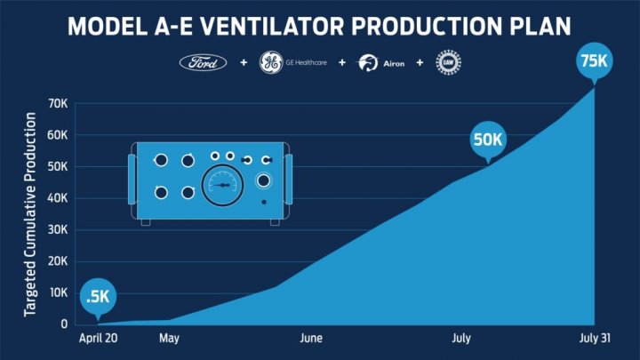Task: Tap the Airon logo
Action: pos(380,64)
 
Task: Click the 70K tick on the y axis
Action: pos(57,103)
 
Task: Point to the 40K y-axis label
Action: pos(57,198)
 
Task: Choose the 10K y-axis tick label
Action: pos(57,292)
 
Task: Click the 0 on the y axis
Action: pos(64,324)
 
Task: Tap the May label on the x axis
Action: pos(169,339)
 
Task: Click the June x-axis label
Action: pos(311,339)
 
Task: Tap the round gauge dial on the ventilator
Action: pos(222,184)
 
